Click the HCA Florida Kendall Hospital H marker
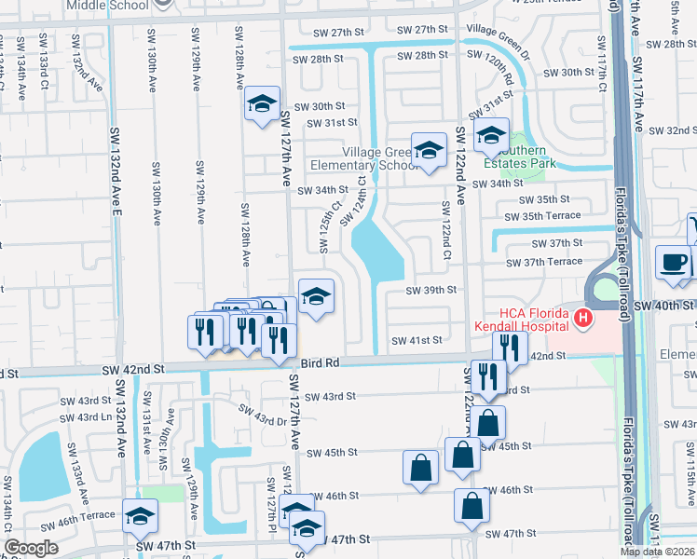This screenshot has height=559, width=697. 583,320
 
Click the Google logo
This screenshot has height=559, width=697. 31,548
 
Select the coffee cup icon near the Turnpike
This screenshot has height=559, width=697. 672,263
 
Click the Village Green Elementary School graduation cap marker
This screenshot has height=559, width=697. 429,150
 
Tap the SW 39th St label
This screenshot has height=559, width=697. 431,290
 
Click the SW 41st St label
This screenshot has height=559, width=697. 417,341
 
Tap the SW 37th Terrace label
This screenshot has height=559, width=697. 553,262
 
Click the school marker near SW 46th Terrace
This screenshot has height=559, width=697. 140,516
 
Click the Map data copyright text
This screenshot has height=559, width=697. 657,552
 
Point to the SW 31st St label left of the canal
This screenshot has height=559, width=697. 325,122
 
